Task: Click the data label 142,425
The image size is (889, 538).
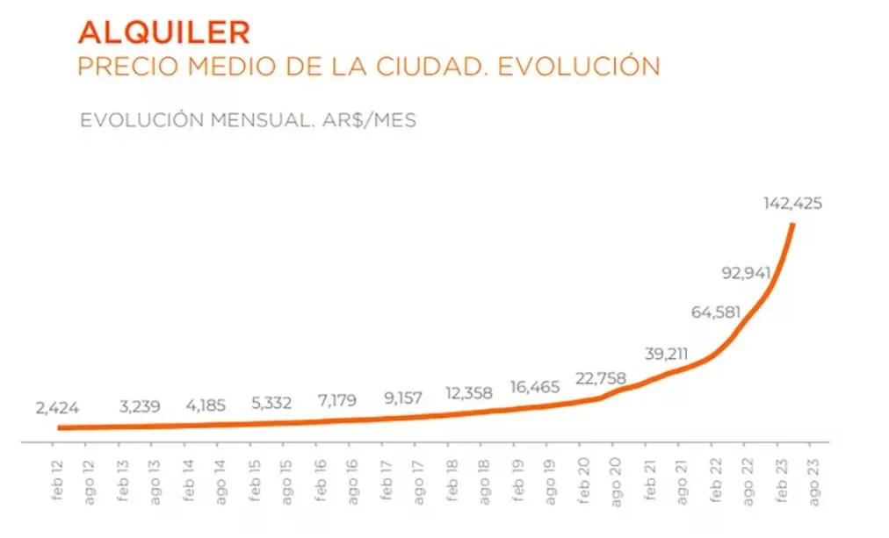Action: pos(792,204)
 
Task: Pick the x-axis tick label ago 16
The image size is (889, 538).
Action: pos(351,478)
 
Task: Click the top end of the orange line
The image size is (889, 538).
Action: pos(793,226)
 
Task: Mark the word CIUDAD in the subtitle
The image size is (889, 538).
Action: pos(429,67)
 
